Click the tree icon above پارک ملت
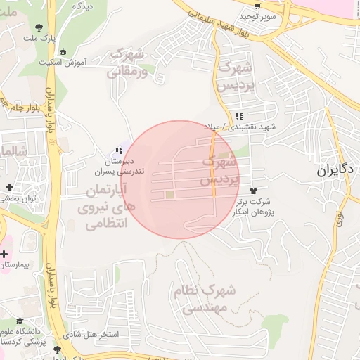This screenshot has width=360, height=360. coord(37,28)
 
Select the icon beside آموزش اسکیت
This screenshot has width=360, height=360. coord(64,51)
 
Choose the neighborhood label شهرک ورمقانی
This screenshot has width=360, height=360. coord(129,63)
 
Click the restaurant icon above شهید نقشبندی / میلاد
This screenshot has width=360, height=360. coord(239,115)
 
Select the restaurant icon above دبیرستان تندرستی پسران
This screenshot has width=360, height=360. coord(120,150)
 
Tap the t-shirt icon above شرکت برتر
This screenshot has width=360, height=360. coord(253,191)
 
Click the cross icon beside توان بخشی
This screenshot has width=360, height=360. coord(9,187)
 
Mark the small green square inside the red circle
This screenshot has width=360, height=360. coord(169,194)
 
